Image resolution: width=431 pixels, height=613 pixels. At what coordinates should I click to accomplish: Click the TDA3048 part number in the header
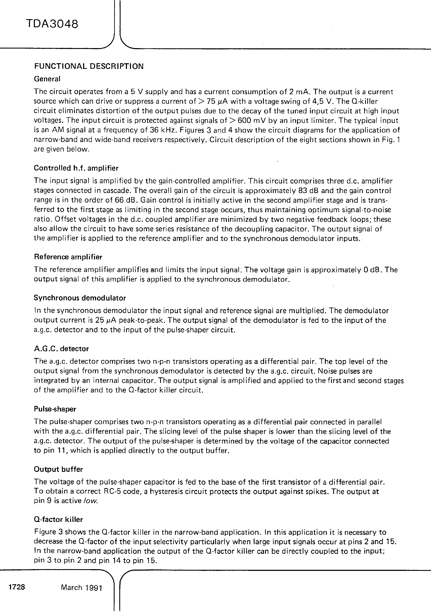[52, 24]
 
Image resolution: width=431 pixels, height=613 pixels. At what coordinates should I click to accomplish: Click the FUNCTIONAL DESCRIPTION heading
[89, 66]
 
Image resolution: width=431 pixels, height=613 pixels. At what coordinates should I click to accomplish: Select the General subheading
[47, 79]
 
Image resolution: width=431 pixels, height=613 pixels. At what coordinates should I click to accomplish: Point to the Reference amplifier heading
[68, 257]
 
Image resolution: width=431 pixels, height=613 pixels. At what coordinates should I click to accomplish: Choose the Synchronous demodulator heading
[80, 298]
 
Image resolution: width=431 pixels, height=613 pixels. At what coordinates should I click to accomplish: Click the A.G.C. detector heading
[61, 349]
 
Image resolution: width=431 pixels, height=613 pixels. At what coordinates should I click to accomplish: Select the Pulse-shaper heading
[55, 409]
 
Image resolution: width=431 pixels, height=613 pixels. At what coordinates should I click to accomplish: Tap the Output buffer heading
[58, 469]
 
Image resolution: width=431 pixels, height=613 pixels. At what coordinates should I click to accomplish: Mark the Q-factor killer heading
[58, 520]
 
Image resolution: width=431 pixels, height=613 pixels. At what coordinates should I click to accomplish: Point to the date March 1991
[82, 588]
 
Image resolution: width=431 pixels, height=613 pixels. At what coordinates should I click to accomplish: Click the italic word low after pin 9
[91, 501]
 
